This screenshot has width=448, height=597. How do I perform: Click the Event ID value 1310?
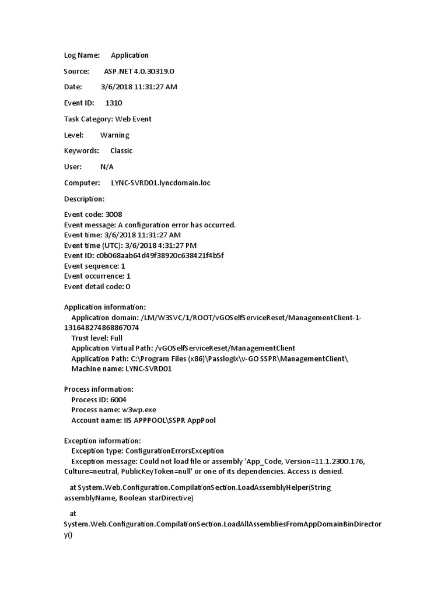114,103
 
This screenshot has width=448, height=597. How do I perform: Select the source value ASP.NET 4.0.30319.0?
139,71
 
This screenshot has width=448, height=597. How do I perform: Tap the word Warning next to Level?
114,135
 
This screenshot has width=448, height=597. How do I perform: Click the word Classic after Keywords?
121,151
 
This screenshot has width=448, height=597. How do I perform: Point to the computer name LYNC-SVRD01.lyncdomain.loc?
160,183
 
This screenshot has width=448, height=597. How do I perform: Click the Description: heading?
84,199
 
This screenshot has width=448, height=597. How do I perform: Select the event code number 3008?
114,215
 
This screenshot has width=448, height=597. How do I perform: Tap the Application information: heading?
105,307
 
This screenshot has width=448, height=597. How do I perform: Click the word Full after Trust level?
116,338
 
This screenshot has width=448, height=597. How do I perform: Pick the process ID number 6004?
121,399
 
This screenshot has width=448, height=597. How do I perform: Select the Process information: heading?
99,389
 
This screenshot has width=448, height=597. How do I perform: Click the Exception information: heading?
103,441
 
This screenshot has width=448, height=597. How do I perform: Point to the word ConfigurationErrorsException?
174,451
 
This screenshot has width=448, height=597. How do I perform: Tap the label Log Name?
82,55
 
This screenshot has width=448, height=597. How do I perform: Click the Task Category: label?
88,119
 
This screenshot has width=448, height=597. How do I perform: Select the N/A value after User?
107,167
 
